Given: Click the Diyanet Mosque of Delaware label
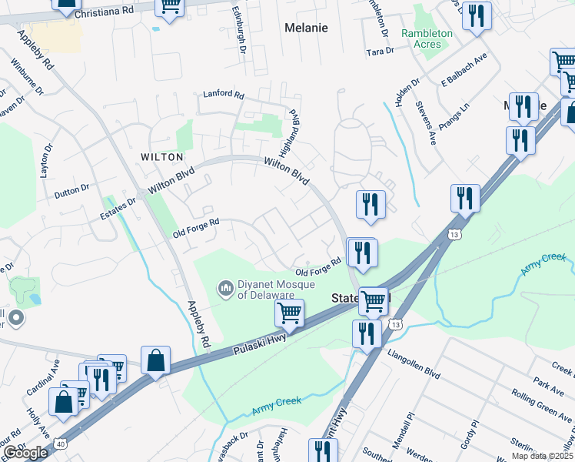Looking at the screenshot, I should point(266,290).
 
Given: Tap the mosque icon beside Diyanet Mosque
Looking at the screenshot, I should point(226,289).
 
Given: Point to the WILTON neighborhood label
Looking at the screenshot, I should point(161,156).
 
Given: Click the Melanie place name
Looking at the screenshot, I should point(306,28).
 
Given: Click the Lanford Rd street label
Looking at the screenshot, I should point(223,95).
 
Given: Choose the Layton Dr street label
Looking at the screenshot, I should point(47,159).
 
